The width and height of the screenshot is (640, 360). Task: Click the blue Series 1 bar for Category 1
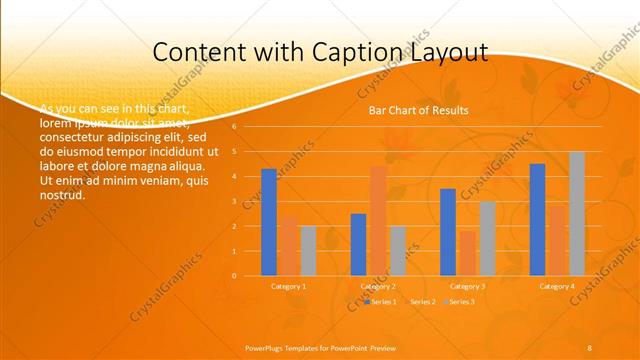coord(268,222)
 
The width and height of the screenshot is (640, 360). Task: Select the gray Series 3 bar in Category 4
coord(576,213)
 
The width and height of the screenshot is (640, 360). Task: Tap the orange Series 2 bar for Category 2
coord(378,220)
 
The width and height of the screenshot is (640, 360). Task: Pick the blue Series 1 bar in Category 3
coord(447,232)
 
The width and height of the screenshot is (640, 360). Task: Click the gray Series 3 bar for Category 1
coord(308,250)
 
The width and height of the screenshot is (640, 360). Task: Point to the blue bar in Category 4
coord(537,219)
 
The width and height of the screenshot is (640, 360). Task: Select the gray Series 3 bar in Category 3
coord(487,238)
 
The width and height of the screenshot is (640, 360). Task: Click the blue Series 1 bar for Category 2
coord(358,244)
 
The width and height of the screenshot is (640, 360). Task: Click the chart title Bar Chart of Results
coord(412,110)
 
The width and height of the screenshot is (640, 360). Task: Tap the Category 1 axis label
coord(288,286)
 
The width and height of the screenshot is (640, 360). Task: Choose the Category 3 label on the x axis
coord(467,286)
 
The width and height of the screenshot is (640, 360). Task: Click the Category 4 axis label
coord(557,286)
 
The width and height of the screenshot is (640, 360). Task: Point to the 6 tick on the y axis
coord(234,127)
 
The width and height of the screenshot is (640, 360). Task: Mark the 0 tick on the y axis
coord(234,275)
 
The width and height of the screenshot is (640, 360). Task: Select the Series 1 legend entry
coord(382,301)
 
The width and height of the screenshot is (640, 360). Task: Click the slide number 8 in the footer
coord(589,347)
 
